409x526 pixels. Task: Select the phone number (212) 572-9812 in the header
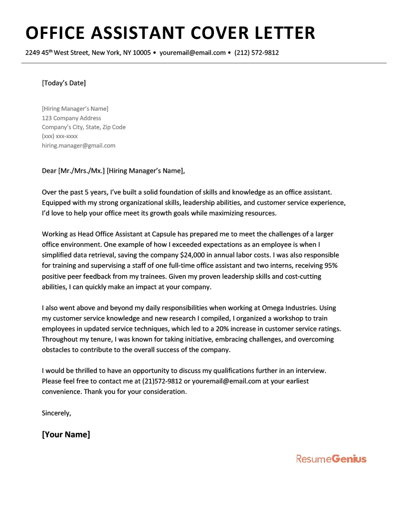(256, 53)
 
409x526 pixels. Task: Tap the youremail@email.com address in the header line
(193, 53)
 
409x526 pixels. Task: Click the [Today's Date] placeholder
(64, 83)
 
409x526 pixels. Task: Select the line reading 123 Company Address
(71, 118)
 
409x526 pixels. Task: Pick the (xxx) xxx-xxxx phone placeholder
(60, 136)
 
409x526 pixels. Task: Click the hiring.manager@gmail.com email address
(78, 146)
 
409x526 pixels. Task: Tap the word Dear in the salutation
(49, 171)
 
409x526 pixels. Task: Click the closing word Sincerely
(56, 413)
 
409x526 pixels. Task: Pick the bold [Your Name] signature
(66, 434)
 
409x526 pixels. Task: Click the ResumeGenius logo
(331, 459)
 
